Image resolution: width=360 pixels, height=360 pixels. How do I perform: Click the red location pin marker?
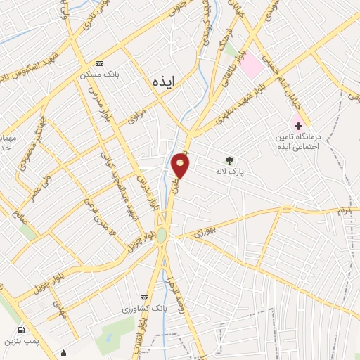(x=181, y=167)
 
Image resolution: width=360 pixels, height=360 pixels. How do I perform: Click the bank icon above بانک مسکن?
(x=99, y=63)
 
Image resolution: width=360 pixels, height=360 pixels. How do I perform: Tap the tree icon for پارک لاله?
(x=229, y=160)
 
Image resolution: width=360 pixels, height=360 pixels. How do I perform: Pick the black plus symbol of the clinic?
(x=299, y=124)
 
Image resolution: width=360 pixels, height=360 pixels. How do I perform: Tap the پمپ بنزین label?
(x=22, y=340)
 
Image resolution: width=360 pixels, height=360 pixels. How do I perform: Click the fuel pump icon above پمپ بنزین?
(x=22, y=330)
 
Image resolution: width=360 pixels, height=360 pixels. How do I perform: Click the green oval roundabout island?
(x=161, y=235)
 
